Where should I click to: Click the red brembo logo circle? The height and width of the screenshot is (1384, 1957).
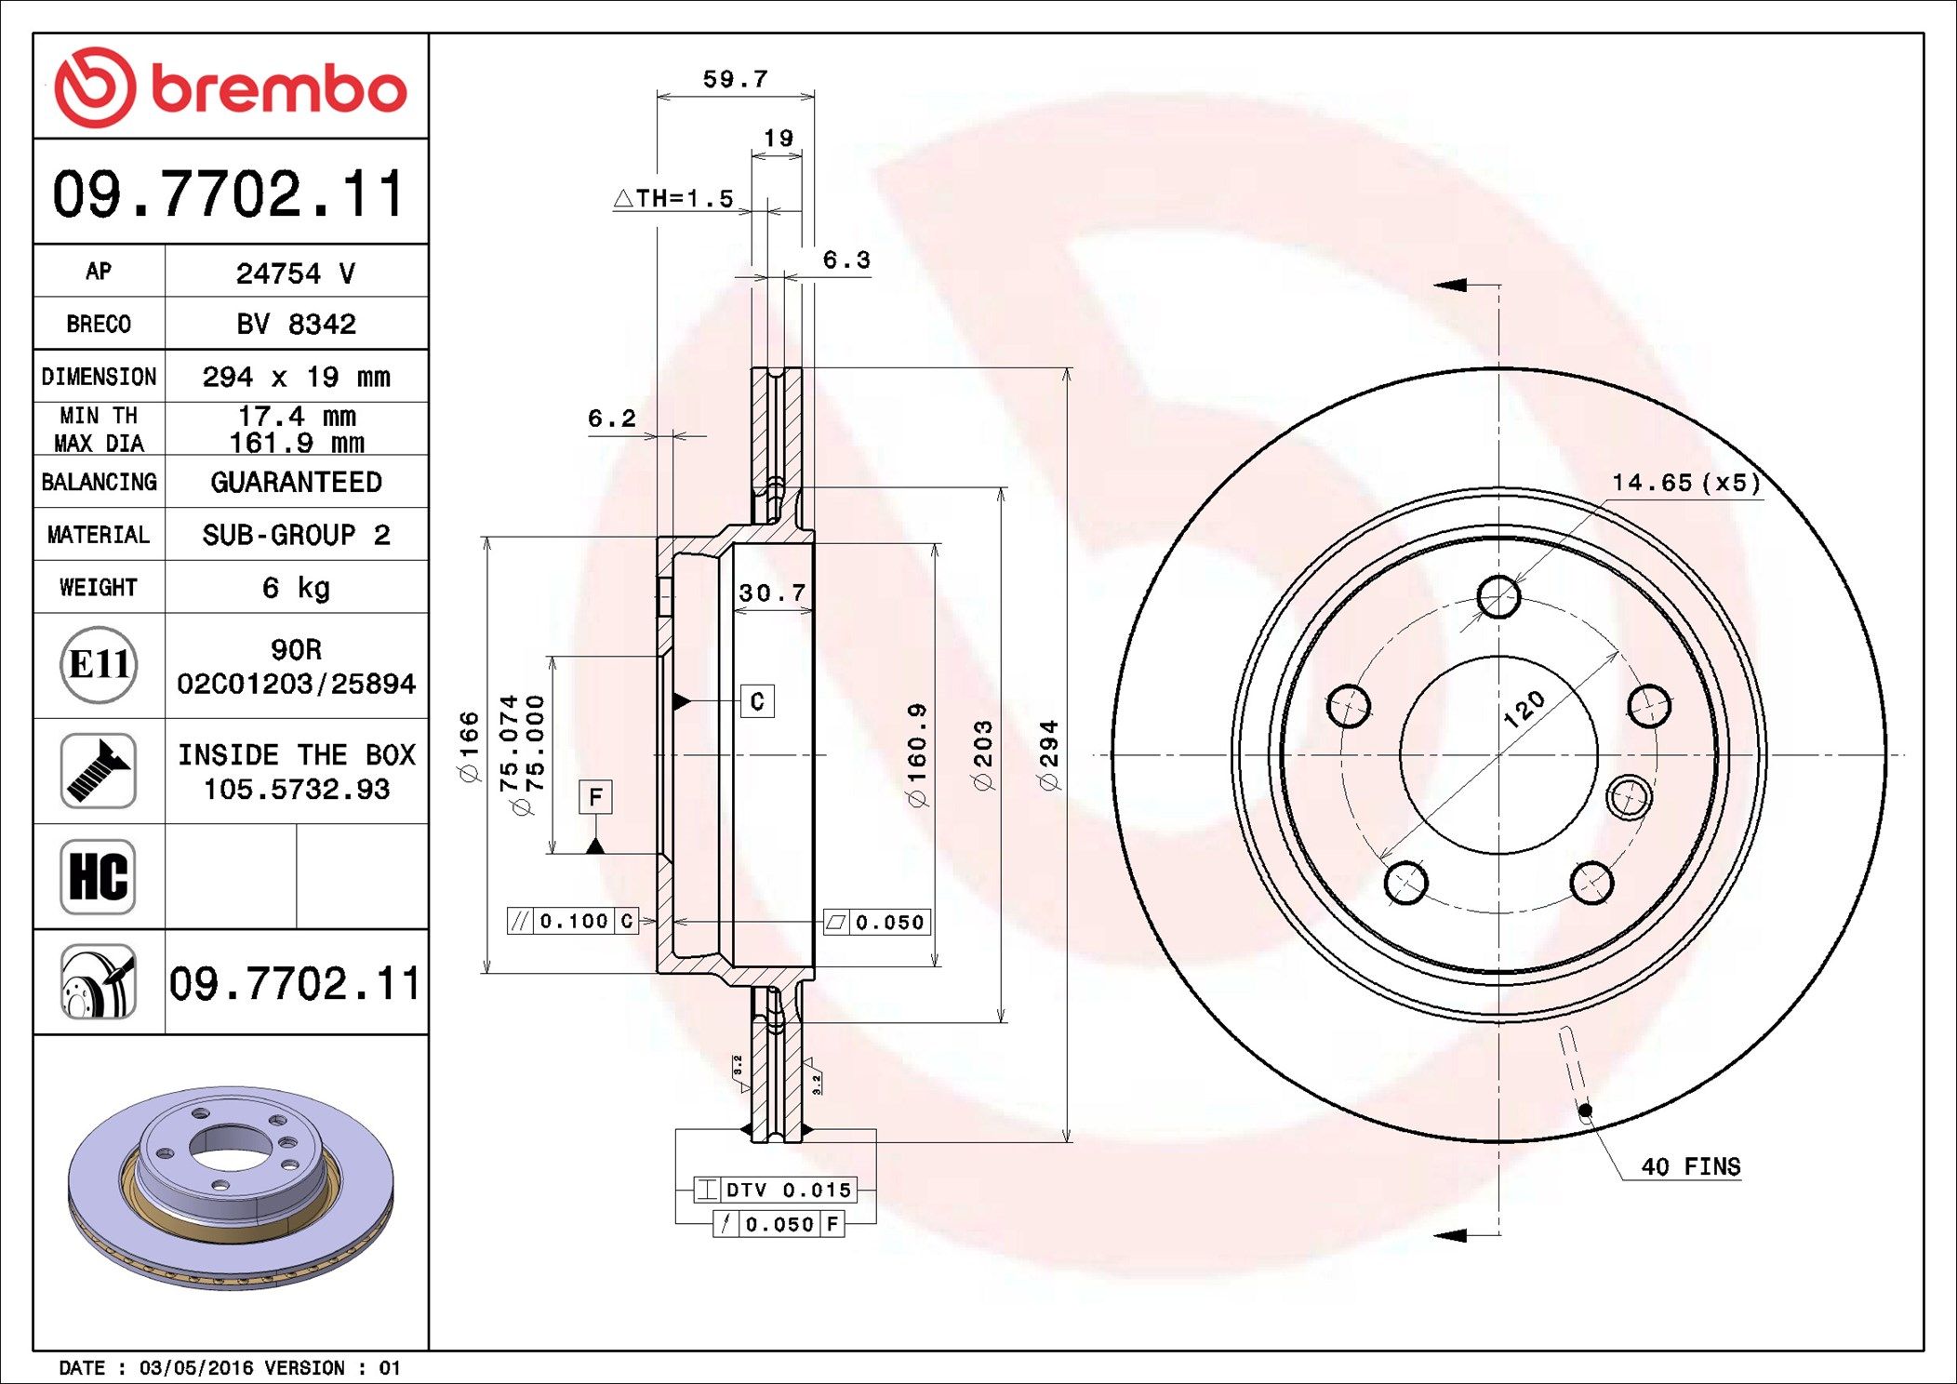point(95,87)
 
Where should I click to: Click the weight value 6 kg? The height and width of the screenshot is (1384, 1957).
point(296,588)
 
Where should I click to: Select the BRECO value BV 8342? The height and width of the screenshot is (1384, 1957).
point(296,324)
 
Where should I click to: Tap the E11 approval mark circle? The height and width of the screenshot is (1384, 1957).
point(99,664)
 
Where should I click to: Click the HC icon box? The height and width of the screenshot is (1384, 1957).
point(98,876)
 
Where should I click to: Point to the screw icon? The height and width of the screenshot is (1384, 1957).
point(98,770)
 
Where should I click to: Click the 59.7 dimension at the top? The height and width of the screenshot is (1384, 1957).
point(735,79)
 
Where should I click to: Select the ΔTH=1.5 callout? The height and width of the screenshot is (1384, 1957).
point(674,198)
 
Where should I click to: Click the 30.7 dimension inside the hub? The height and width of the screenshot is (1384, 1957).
point(772,592)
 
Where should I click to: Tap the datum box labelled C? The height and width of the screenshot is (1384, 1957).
point(757,701)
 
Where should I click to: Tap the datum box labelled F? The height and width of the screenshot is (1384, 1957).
point(595,797)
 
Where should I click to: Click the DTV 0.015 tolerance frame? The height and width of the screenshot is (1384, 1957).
point(774,1190)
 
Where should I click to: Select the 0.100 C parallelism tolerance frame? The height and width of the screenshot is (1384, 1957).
point(572,921)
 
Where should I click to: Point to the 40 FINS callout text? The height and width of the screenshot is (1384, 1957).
point(1690,1166)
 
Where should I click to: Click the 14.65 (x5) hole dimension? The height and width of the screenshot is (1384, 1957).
point(1685,482)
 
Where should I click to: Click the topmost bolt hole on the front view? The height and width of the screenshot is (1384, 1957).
point(1498,596)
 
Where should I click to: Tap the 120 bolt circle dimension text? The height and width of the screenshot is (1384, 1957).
point(1524,709)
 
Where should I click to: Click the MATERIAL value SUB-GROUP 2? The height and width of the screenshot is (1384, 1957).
point(296,535)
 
